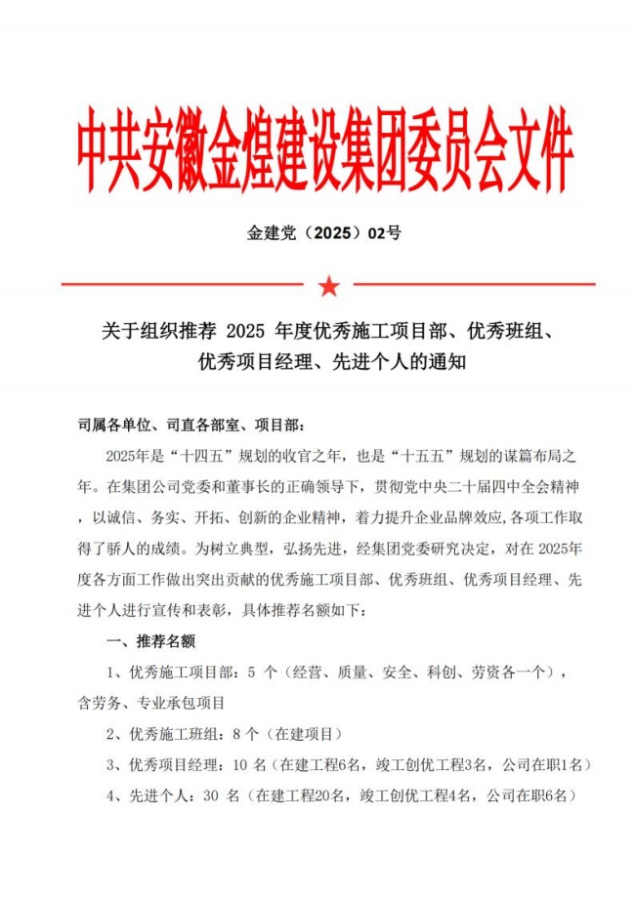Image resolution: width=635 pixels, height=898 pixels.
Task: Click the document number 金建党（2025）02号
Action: point(325,233)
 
